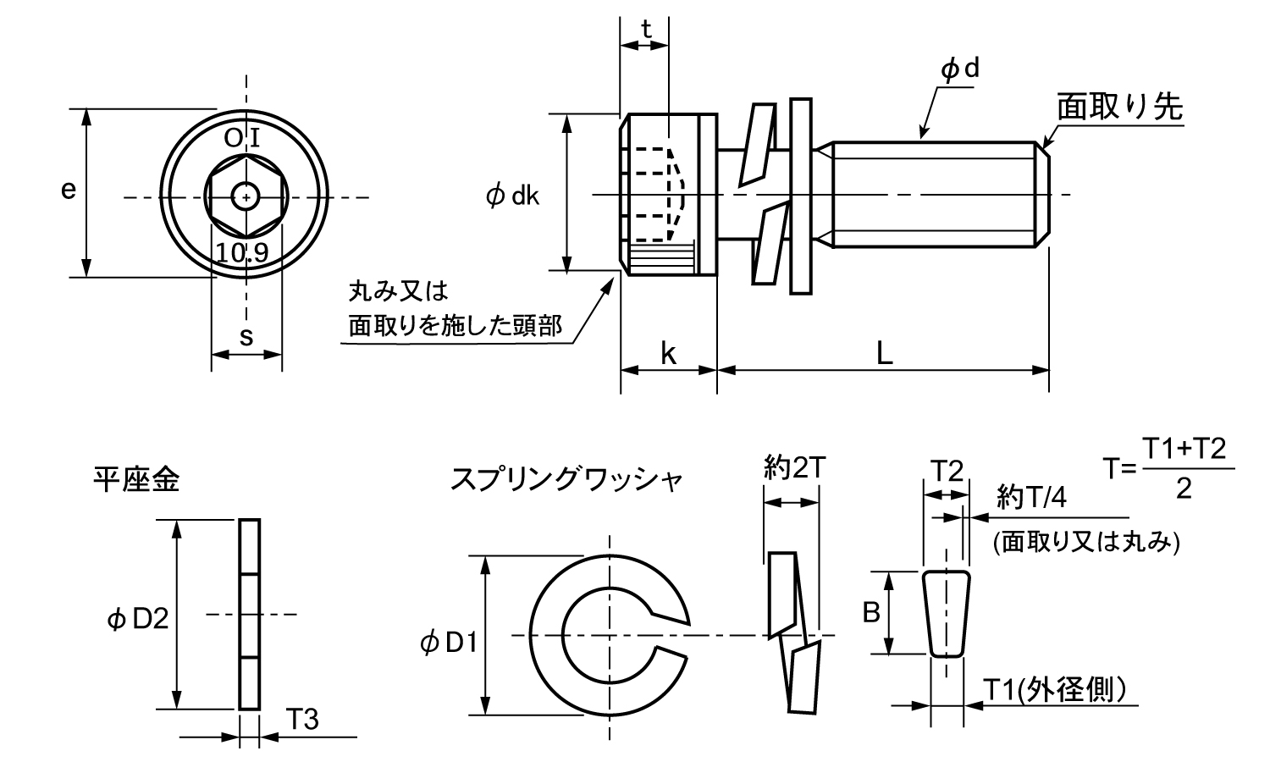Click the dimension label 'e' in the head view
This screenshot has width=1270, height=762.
point(68,191)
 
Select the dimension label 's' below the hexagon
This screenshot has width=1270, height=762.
point(246,337)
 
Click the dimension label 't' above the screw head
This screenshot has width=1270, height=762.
point(646,30)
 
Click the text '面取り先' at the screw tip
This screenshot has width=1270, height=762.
point(1119,108)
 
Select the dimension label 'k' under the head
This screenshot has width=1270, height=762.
point(668,354)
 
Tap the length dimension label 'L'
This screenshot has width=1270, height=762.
point(884,354)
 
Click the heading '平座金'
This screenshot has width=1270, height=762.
point(136,481)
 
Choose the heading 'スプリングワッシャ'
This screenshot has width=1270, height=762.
point(566,480)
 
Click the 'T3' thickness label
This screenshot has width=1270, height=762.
point(301,720)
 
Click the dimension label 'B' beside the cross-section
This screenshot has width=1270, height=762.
point(871,611)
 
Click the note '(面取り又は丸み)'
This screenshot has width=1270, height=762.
point(1086,543)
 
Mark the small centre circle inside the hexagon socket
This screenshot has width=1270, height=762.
point(246,198)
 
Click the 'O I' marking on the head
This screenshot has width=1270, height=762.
point(246,138)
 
